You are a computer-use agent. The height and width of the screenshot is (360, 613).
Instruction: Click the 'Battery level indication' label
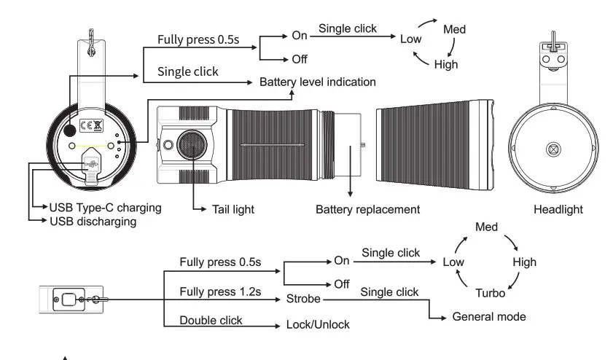318,82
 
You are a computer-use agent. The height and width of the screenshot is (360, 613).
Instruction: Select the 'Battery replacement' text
367,209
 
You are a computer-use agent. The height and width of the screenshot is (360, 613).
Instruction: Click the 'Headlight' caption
558,209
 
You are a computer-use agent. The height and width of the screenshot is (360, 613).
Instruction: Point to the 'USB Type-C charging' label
106,208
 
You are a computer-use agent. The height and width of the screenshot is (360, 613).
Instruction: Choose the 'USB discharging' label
93,221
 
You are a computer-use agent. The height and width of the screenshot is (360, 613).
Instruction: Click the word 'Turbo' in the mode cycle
490,294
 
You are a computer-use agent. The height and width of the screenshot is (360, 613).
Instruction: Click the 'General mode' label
489,317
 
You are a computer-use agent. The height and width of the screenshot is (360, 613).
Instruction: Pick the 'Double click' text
211,321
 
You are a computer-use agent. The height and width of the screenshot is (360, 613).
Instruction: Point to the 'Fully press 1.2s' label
220,292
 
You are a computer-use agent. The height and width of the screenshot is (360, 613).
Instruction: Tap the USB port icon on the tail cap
92,165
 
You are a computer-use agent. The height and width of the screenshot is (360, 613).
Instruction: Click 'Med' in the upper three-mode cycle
454,30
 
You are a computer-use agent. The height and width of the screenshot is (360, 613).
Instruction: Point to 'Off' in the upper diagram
300,60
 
